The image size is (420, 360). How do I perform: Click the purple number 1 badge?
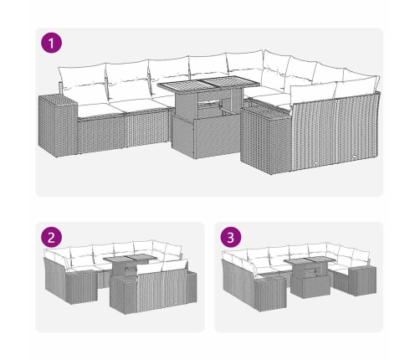[x=51, y=43]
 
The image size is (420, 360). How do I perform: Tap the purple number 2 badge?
[x=51, y=237]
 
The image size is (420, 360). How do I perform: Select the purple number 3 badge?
[x=231, y=237]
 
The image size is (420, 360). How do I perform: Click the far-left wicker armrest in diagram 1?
[x=58, y=126]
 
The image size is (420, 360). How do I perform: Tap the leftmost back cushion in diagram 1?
[x=82, y=81]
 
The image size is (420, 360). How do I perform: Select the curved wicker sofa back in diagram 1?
[x=335, y=131]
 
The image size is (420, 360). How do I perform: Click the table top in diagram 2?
[x=128, y=259]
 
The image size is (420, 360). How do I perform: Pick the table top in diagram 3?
[x=310, y=260]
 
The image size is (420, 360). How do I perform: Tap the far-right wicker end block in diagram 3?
[x=362, y=280]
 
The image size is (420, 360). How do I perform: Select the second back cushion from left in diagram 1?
[x=128, y=80]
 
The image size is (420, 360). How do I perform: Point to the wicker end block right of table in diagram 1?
[x=265, y=140]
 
